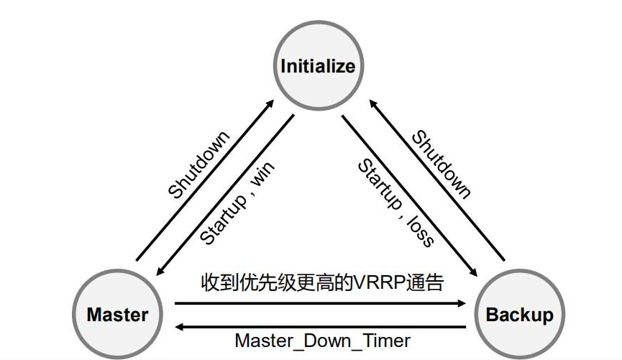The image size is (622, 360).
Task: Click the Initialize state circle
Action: (317, 67)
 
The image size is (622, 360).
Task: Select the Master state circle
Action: (117, 314)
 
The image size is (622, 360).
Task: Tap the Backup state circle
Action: (520, 314)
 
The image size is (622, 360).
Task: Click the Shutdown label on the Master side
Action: (199, 165)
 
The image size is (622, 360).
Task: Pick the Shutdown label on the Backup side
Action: (442, 165)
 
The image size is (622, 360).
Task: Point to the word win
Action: (262, 175)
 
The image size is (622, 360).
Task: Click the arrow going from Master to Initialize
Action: (206, 179)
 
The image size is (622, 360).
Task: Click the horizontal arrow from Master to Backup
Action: (320, 303)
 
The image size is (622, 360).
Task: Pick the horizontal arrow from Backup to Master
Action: (320, 326)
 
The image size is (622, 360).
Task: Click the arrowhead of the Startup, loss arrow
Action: (474, 272)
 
